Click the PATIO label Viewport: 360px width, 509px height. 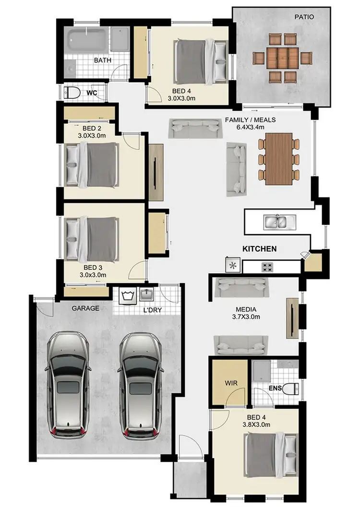304,17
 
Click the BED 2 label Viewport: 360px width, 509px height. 91,128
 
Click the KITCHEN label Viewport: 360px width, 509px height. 259,249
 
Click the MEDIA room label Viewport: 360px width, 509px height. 246,310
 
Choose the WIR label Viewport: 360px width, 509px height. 231,384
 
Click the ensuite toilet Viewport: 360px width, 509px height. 289,388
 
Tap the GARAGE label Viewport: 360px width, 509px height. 85,308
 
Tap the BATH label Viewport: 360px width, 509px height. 102,61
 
